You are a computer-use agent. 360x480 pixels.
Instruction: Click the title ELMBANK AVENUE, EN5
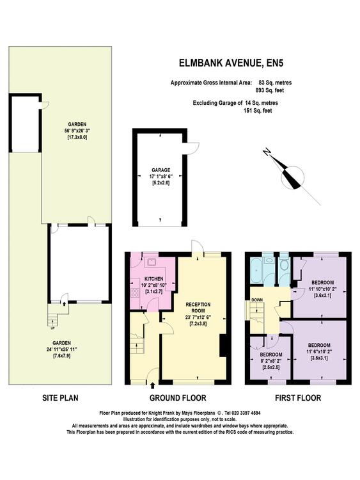click(x=231, y=63)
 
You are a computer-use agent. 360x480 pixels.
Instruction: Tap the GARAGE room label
click(x=161, y=170)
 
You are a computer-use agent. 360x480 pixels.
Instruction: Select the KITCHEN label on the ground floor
click(x=153, y=279)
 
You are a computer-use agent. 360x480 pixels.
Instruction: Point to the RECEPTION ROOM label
click(x=198, y=307)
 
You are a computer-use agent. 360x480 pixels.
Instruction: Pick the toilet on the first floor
click(x=285, y=264)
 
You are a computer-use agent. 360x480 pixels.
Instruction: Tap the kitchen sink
click(x=152, y=262)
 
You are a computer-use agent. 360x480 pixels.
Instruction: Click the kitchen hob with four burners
click(x=134, y=292)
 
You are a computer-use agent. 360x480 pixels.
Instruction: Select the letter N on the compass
click(x=267, y=152)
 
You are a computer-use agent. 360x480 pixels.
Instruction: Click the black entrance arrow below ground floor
click(x=152, y=385)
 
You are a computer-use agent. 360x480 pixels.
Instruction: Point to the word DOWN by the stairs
click(x=256, y=300)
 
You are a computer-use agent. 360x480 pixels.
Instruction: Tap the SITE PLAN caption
click(x=60, y=398)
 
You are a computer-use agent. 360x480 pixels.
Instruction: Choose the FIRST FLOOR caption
click(x=298, y=398)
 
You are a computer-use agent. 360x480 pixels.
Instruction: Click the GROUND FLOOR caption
click(x=178, y=398)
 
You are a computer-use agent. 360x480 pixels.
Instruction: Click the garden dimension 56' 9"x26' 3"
click(x=77, y=131)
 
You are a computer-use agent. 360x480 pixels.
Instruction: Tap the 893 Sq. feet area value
click(x=269, y=90)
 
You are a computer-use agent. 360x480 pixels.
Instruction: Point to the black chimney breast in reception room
click(x=224, y=346)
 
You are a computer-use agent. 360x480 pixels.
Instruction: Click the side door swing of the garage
click(x=192, y=148)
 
